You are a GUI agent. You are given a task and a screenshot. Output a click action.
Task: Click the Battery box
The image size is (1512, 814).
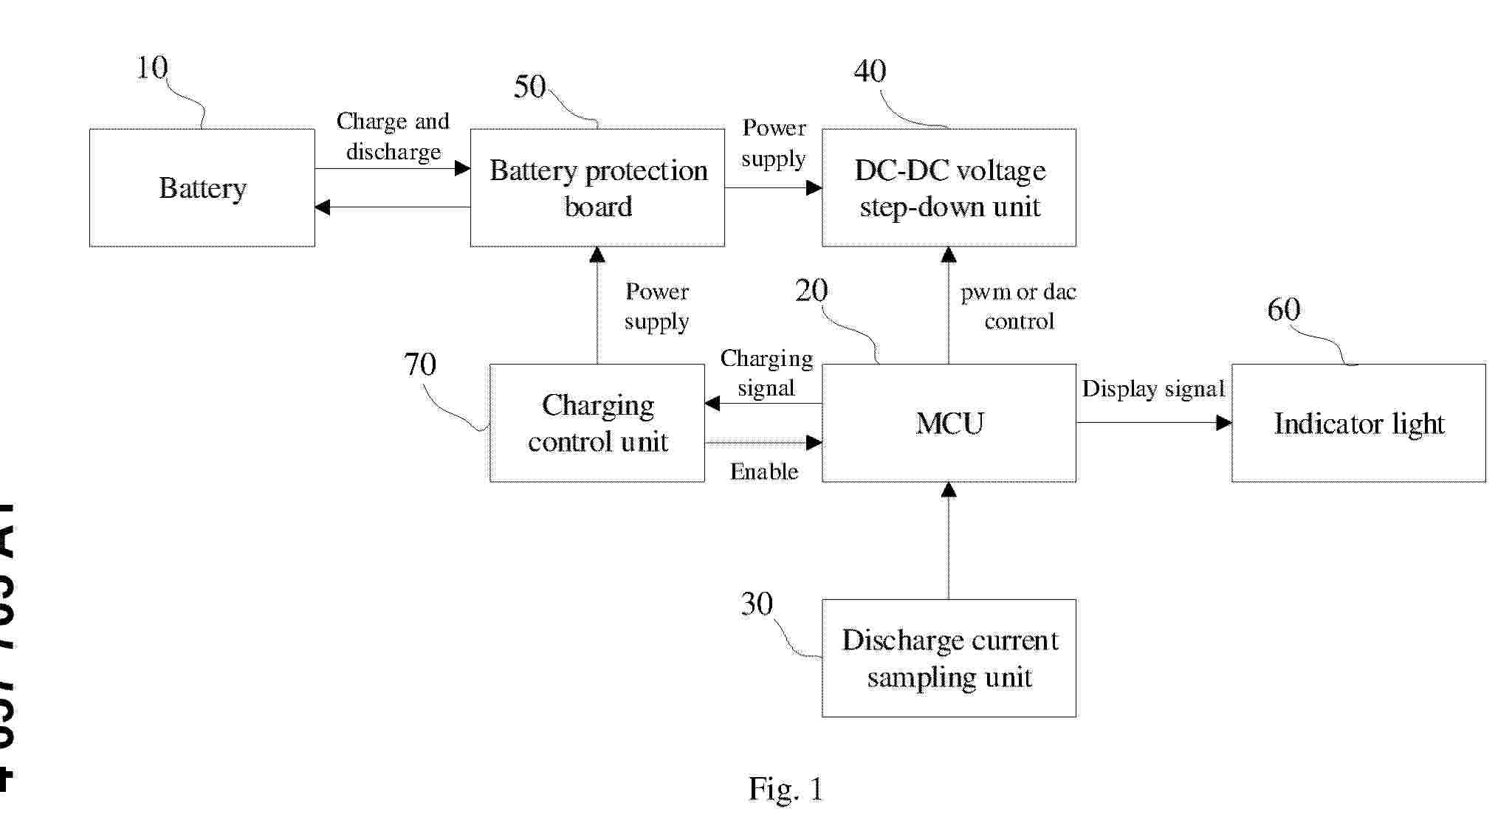[x=202, y=188]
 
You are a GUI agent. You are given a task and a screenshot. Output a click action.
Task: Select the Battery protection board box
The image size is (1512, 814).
[x=597, y=188]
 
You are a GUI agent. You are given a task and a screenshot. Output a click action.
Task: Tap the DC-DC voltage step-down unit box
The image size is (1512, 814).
[x=949, y=188]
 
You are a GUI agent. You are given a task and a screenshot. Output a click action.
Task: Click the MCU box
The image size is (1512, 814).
[x=949, y=423]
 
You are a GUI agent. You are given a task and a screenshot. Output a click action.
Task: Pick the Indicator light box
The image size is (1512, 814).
[x=1358, y=423]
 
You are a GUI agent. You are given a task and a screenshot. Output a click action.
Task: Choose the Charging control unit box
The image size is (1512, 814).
[x=597, y=423]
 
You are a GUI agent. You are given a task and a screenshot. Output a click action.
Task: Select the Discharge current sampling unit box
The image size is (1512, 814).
[x=949, y=658]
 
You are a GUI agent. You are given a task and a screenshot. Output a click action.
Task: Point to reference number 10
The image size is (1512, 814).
[x=152, y=68]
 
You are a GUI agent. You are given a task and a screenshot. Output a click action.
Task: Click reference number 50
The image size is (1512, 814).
[x=529, y=87]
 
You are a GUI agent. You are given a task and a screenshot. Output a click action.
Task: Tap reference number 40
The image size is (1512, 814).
[x=870, y=71]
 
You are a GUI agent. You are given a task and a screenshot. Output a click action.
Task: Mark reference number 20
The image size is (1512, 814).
[x=811, y=291]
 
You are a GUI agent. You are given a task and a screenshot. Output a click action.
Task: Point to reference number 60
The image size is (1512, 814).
[x=1283, y=309]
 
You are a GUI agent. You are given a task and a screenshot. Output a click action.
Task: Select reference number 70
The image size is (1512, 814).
[x=420, y=364]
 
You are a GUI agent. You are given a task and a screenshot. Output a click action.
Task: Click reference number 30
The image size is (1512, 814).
[x=757, y=604]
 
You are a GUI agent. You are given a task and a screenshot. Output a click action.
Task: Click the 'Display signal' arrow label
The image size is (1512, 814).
[x=1153, y=389]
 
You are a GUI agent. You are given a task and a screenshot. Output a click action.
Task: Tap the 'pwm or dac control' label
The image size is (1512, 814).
[x=1019, y=306]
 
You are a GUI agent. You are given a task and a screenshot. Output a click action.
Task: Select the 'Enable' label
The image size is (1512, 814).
[x=764, y=472]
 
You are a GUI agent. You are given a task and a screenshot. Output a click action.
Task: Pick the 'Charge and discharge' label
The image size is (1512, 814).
[x=393, y=137]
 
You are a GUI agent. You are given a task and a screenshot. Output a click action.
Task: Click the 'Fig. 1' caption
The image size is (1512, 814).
[x=785, y=789]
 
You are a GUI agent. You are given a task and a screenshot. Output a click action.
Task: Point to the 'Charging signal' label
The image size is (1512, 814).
[x=766, y=373]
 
